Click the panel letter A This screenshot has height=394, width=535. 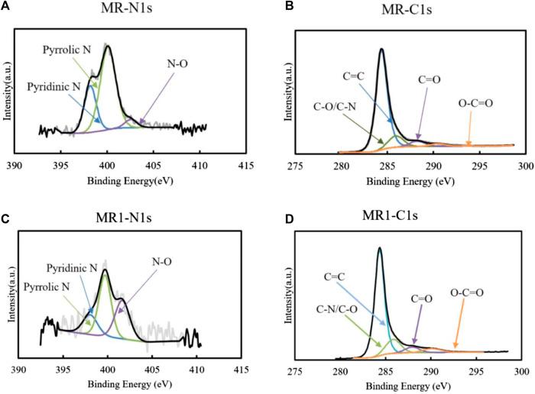[7, 7]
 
